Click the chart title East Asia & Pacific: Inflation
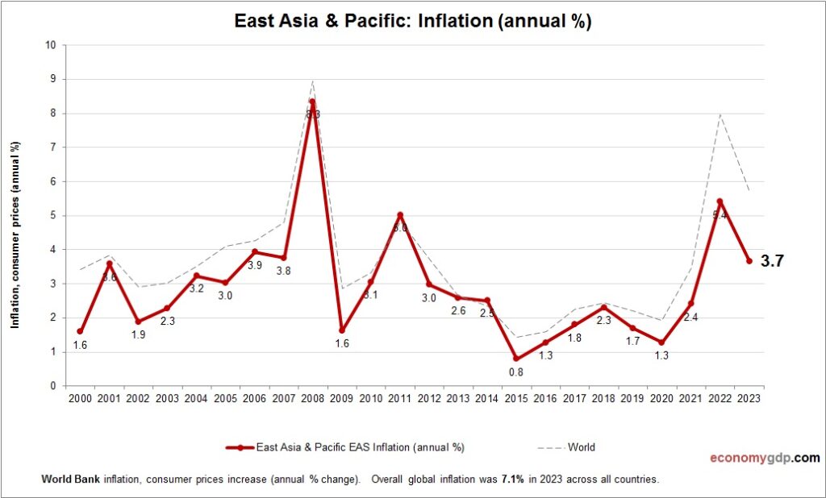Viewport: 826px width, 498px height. [413, 21]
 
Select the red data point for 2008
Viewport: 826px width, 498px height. [312, 102]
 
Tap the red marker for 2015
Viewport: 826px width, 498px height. [516, 359]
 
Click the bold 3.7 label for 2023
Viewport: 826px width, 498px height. [772, 260]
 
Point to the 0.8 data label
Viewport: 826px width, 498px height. [516, 372]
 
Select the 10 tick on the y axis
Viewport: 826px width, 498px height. [50, 45]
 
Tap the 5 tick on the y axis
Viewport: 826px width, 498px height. [52, 215]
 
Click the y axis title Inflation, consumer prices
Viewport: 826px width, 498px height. [15, 235]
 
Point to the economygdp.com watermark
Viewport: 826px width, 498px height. [764, 458]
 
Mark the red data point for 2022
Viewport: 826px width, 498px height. [720, 201]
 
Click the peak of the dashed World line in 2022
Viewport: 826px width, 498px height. [720, 114]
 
